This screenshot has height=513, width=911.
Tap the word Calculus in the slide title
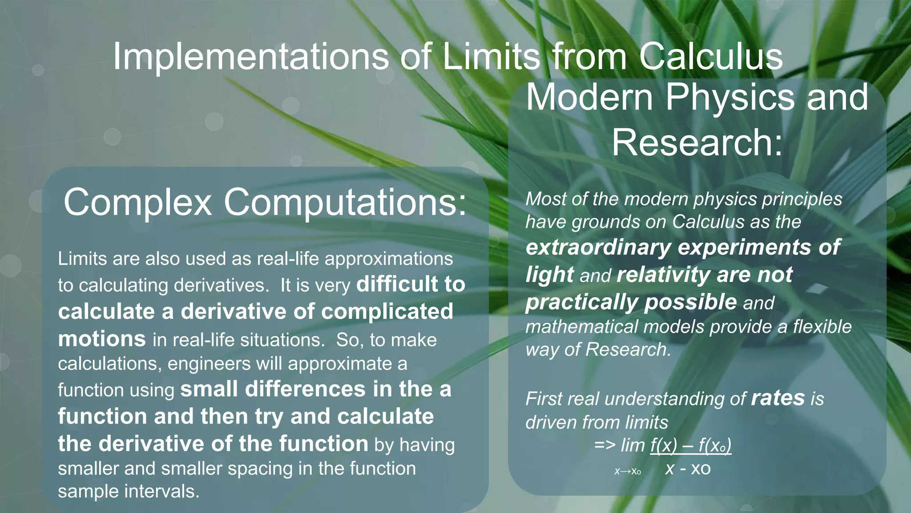(710, 57)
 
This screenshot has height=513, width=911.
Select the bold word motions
(102, 339)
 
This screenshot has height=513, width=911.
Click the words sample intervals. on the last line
(129, 491)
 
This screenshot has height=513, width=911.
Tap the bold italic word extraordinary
(598, 247)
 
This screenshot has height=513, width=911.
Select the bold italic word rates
(778, 398)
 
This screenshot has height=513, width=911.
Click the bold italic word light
(549, 275)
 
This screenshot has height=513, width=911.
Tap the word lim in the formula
(633, 445)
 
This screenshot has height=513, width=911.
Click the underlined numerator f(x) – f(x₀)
(690, 445)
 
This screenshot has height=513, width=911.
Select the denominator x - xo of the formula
(688, 469)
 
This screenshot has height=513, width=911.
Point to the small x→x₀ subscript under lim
(627, 471)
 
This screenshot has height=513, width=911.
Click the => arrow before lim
(605, 445)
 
